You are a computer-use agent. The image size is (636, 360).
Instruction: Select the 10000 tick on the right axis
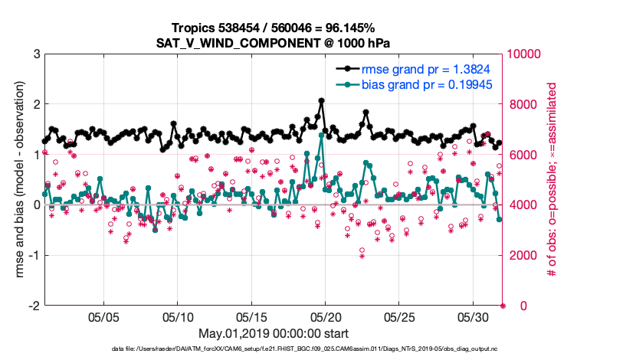(x=523, y=54)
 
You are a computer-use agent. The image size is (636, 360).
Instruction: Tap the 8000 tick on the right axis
(x=520, y=104)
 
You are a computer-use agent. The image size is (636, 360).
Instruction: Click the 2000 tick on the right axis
(x=520, y=255)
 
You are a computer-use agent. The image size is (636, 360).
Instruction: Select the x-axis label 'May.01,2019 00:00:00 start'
(x=274, y=333)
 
